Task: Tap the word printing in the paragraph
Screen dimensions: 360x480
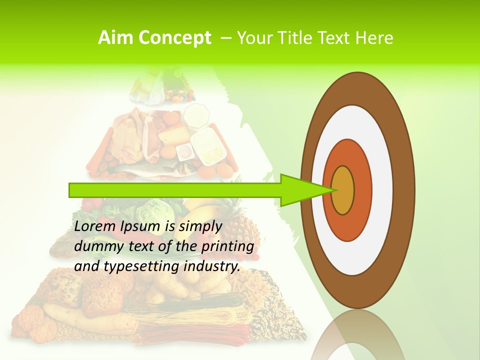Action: click(x=227, y=246)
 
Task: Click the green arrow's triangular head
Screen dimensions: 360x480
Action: click(x=300, y=190)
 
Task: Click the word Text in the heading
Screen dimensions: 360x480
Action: click(x=335, y=37)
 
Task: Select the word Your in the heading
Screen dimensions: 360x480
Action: click(x=253, y=37)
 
